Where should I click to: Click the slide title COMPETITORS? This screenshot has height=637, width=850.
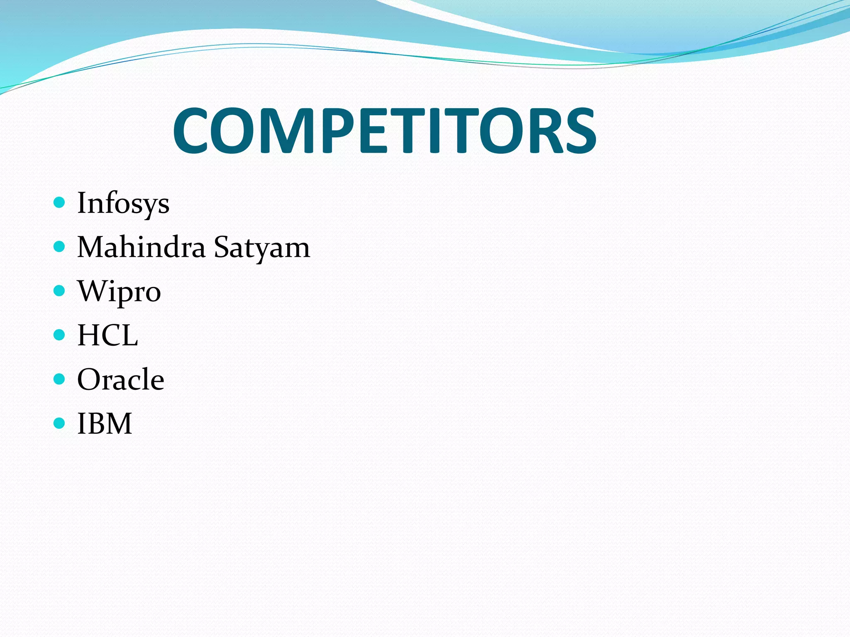tap(385, 130)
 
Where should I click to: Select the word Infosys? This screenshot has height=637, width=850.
tap(123, 203)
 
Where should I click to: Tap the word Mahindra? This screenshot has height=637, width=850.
tap(141, 247)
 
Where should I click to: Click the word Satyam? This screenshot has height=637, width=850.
tap(262, 248)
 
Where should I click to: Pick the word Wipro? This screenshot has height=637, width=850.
tap(119, 292)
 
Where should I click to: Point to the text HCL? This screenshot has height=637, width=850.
tap(107, 335)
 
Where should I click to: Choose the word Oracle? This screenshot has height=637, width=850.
tap(121, 379)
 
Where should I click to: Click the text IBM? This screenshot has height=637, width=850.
tap(105, 423)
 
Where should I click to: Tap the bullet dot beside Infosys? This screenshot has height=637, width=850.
tap(60, 202)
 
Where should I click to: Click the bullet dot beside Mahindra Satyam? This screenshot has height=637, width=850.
tap(60, 247)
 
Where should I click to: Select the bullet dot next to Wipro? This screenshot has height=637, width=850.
tap(60, 291)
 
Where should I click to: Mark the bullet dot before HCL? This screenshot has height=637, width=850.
tap(60, 335)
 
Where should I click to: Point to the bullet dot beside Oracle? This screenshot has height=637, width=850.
tap(60, 379)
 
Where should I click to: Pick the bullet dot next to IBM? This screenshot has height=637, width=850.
tap(60, 423)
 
